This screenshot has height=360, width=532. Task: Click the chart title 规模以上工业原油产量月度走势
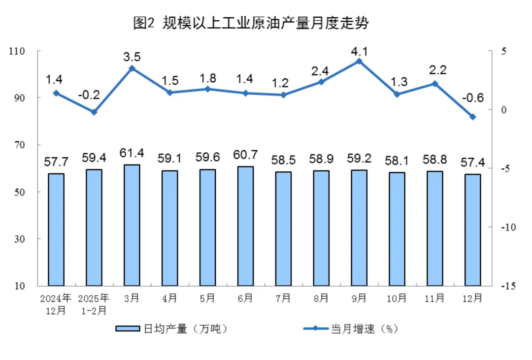[x=251, y=23]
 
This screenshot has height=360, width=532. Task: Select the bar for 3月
[x=132, y=225]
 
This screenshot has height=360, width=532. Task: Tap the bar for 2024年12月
[x=56, y=229]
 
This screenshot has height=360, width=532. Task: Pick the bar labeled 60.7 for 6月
[x=245, y=226]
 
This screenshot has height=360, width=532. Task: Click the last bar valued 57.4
[x=472, y=230]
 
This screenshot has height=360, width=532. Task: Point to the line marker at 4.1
[x=359, y=61]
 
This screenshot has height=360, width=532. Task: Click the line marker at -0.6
[x=472, y=117]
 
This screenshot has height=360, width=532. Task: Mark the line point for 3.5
[x=132, y=68]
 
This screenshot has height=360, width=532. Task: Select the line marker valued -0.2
[x=94, y=112]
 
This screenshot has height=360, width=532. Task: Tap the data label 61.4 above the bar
[x=132, y=153]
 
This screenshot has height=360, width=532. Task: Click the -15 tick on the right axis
[x=507, y=286]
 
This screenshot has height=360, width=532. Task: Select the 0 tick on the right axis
[x=504, y=110]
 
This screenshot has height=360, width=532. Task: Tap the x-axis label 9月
[x=359, y=298]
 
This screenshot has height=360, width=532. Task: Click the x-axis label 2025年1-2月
[x=94, y=304]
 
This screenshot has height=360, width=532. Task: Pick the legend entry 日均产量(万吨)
[x=172, y=329]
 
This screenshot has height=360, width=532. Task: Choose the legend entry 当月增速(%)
[x=350, y=329]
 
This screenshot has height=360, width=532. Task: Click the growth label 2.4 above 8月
[x=321, y=70]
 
